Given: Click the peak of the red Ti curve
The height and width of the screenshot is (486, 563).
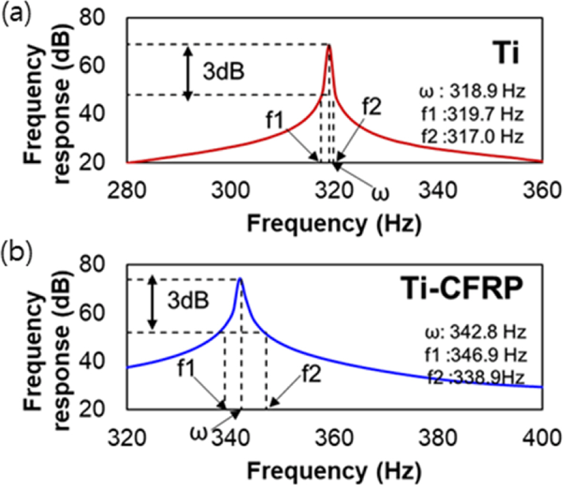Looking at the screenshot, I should (328, 45).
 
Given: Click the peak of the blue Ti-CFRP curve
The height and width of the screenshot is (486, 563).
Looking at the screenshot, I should (240, 279).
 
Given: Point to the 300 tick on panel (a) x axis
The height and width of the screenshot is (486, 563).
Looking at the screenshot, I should (231, 192).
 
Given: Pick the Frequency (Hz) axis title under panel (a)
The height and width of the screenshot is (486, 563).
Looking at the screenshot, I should (334, 223).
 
